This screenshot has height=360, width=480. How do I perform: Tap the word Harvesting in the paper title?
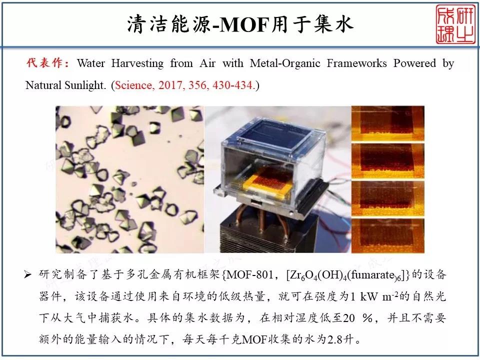pos(137,63)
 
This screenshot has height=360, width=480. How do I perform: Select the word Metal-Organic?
pos(284,63)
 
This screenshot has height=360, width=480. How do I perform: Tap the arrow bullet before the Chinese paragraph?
pos(28,274)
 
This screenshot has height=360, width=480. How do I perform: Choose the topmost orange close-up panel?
pos(387,123)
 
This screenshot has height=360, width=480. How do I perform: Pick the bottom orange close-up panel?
pos(387,235)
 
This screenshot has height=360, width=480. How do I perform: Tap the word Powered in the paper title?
pos(415,63)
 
